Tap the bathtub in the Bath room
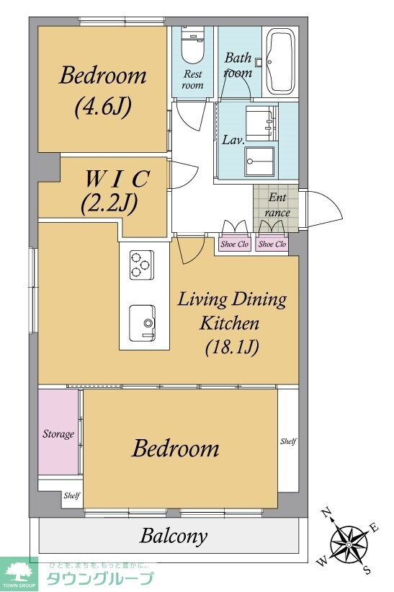tap(281, 61)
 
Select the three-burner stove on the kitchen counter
tap(142, 265)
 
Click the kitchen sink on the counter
tap(142, 323)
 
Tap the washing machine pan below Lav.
tap(259, 162)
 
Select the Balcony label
tap(174, 536)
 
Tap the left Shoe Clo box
tap(234, 244)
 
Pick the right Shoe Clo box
tap(272, 244)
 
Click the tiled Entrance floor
tap(276, 208)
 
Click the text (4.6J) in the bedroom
tap(102, 107)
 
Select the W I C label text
tap(117, 179)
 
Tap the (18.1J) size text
tap(232, 347)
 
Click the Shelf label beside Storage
tap(71, 495)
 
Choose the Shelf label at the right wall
tap(288, 441)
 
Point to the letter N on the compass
tap(326, 513)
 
